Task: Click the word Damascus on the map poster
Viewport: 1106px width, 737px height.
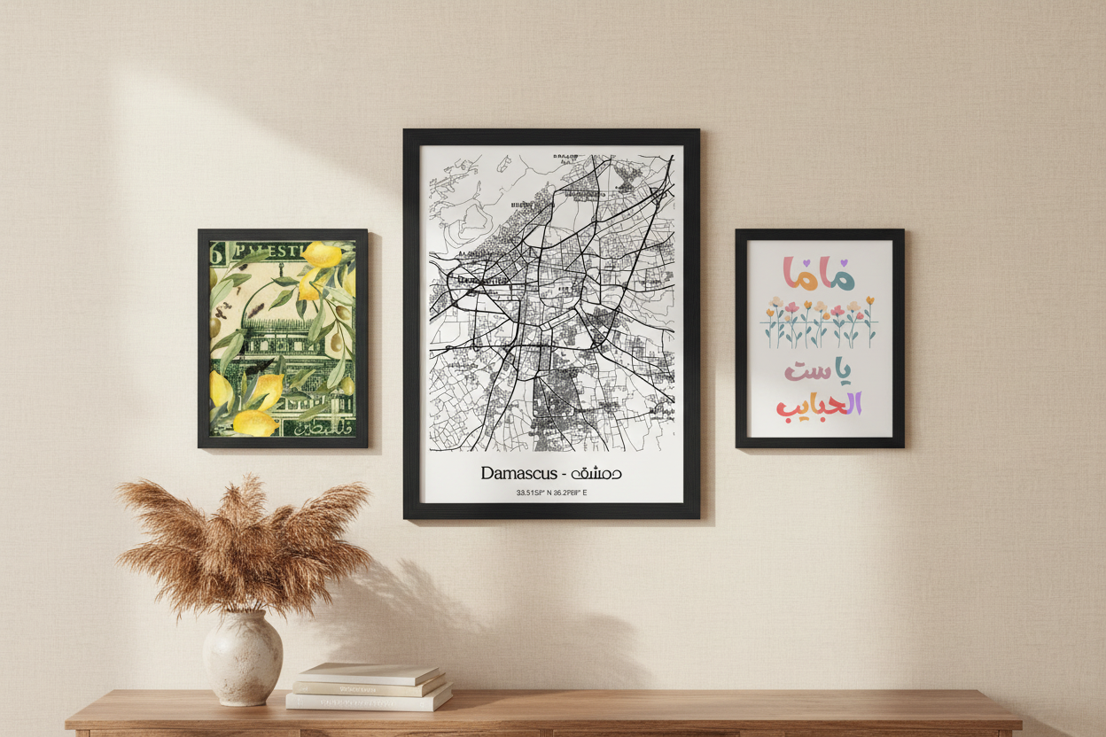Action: (x=519, y=473)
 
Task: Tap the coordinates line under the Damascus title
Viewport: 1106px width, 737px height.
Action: (x=551, y=493)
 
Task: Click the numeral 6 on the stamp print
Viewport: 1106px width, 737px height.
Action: (x=215, y=252)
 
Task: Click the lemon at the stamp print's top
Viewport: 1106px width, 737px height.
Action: (x=322, y=254)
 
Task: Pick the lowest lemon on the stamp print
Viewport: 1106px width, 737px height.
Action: (x=255, y=423)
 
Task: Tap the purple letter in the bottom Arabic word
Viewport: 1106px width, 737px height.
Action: (x=853, y=405)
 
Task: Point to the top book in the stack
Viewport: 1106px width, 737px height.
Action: (x=369, y=672)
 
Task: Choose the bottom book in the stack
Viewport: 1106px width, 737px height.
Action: (x=369, y=701)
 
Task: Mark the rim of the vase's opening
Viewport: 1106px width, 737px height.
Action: (x=242, y=614)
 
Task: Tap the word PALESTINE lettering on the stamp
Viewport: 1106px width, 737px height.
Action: (x=275, y=251)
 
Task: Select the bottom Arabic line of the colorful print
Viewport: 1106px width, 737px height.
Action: (x=819, y=405)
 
